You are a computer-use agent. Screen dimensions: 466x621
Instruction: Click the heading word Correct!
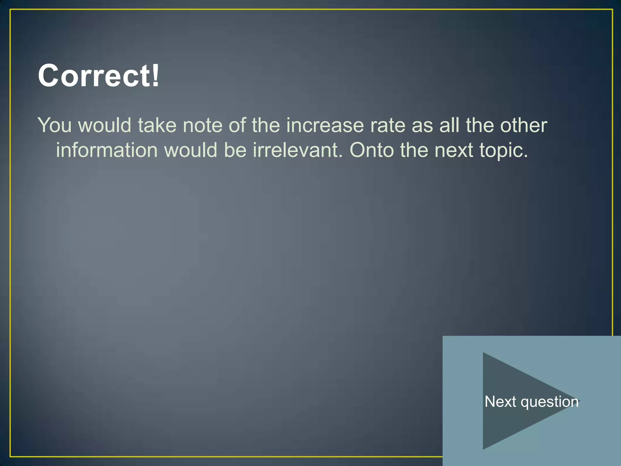point(98,76)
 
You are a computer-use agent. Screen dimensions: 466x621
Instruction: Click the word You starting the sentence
point(54,125)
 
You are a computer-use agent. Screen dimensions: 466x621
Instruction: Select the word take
point(157,125)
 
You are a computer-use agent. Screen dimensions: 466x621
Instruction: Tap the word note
point(203,125)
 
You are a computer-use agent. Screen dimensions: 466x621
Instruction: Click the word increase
point(325,125)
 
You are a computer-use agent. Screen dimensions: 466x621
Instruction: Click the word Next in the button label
point(500,402)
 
